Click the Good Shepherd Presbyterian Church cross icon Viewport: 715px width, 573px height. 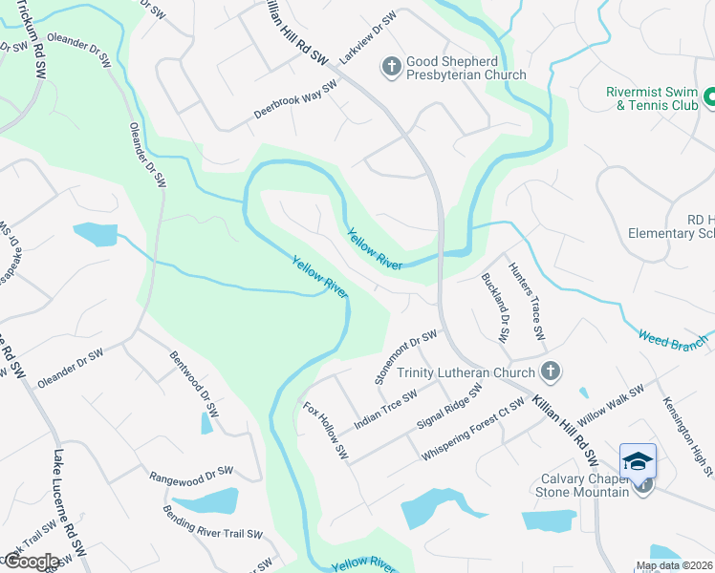click(x=391, y=67)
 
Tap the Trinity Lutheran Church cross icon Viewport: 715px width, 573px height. click(x=550, y=371)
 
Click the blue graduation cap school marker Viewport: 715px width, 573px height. click(x=638, y=462)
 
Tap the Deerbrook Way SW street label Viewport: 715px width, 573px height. click(x=295, y=100)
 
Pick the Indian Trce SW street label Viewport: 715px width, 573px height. click(x=385, y=409)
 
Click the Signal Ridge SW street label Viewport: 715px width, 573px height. click(x=449, y=408)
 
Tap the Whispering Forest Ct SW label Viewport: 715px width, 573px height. click(x=474, y=431)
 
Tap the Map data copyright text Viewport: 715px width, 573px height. click(x=674, y=565)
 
